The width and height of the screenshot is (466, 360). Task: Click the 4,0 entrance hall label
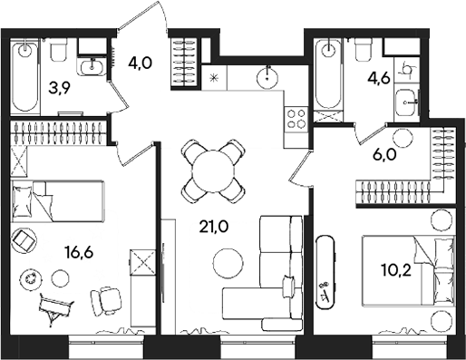tap(141, 65)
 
